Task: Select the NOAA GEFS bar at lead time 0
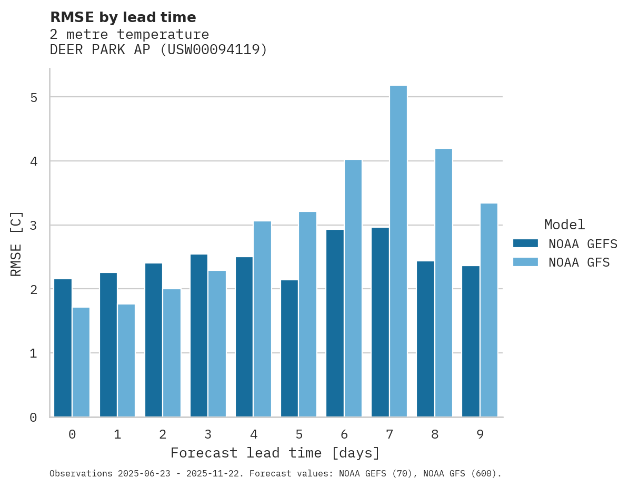click(63, 348)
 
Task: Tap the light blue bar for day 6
click(353, 288)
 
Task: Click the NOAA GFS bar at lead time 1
click(126, 360)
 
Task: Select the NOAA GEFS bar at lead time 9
click(471, 341)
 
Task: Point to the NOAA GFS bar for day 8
click(443, 282)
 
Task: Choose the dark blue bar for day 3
click(199, 335)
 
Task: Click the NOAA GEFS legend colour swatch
click(525, 243)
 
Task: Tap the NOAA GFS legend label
click(578, 262)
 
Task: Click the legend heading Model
click(564, 225)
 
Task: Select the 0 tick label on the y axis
click(33, 418)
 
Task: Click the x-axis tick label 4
click(253, 434)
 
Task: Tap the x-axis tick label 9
click(480, 434)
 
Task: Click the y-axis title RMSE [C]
click(16, 243)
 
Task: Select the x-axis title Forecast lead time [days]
click(275, 453)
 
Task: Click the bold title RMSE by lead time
click(123, 17)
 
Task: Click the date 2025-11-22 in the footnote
click(218, 474)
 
